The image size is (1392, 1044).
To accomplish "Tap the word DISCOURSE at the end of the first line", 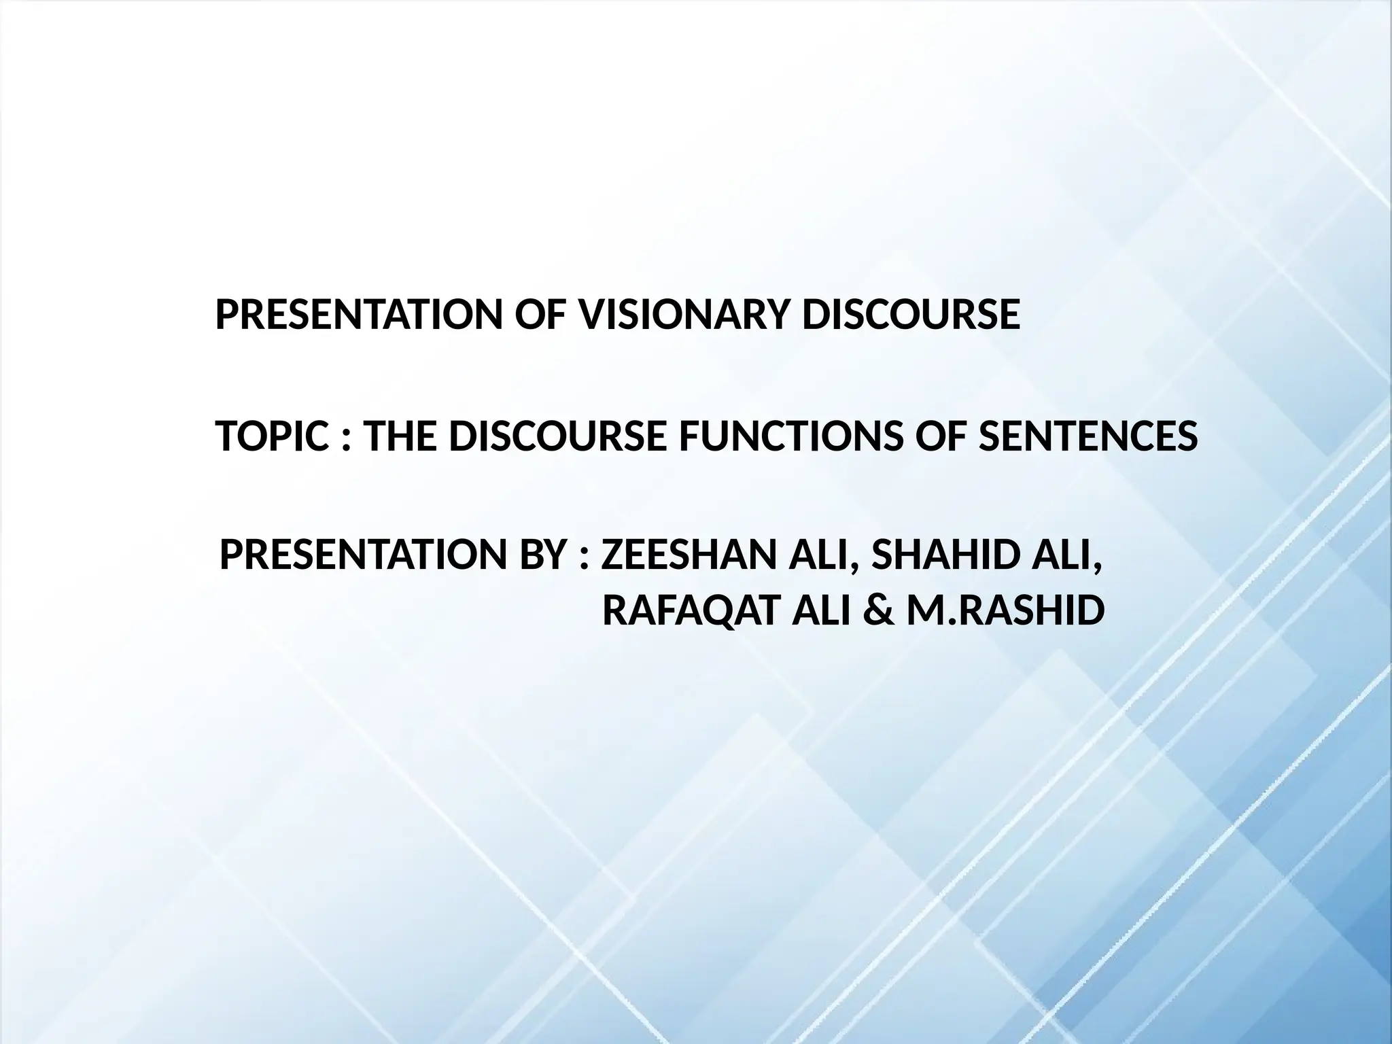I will (911, 315).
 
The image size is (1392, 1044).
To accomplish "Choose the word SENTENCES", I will (1087, 436).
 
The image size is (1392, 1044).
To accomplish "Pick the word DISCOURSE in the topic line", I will (559, 436).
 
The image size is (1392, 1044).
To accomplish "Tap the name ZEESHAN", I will (689, 556).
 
